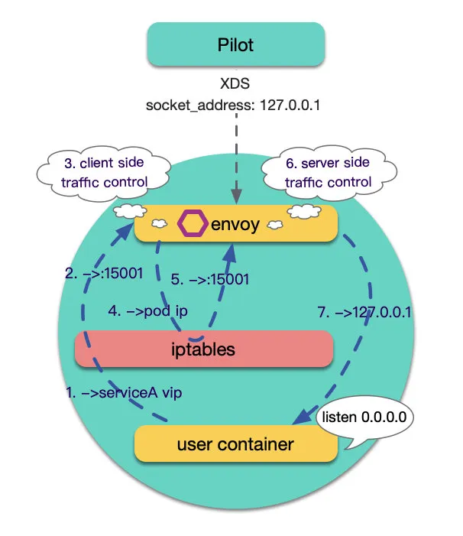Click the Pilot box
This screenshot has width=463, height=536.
(x=235, y=44)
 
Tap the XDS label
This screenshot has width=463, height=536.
(x=235, y=83)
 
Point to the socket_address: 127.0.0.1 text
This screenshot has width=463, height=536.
(x=233, y=105)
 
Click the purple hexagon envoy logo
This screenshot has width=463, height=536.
(x=193, y=223)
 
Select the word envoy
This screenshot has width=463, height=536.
(x=235, y=225)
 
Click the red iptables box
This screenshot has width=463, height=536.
(x=204, y=349)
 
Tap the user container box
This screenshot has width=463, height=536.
(x=236, y=443)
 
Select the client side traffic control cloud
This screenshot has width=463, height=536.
(x=104, y=173)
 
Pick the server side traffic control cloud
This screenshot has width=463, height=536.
(x=329, y=173)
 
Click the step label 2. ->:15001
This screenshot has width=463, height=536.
(x=104, y=274)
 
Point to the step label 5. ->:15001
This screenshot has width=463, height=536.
(x=210, y=279)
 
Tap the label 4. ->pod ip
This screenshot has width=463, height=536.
(x=148, y=311)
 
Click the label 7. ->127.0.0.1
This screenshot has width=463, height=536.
(x=364, y=312)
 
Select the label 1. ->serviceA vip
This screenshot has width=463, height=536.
(x=124, y=392)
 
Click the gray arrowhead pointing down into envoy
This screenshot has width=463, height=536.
(x=236, y=197)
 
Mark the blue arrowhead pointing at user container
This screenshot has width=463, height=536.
(x=303, y=416)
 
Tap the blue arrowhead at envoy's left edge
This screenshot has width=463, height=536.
(x=124, y=232)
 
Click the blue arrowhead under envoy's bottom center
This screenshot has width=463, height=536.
(x=231, y=253)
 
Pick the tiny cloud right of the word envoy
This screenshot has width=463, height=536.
(x=275, y=225)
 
